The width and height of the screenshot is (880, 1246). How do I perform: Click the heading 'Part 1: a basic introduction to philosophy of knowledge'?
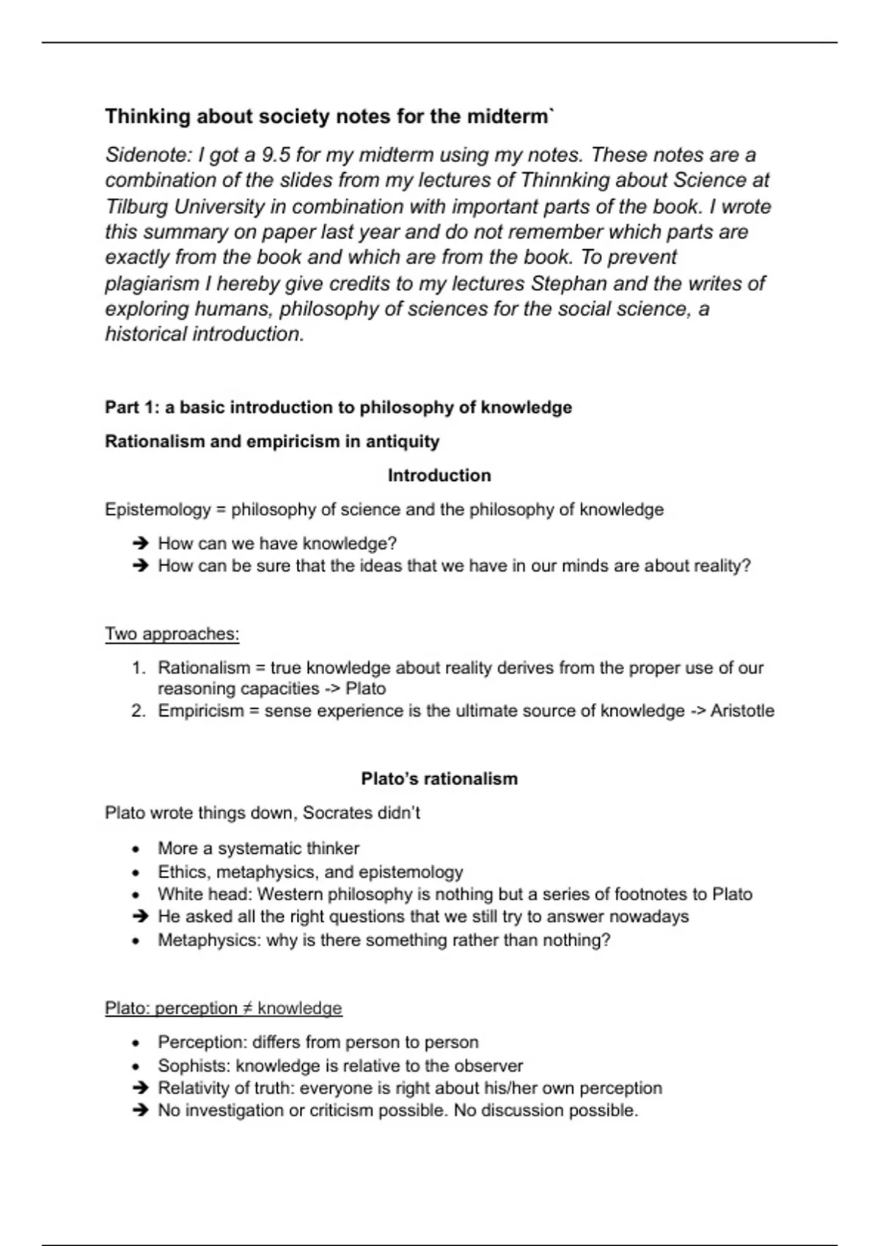338,408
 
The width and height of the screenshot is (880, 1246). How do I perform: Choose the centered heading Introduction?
439,476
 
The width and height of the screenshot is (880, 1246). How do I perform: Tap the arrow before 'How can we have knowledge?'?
141,544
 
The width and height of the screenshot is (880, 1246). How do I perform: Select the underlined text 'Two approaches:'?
172,634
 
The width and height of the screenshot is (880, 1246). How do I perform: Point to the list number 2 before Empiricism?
139,711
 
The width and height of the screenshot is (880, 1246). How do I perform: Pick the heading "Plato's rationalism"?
439,778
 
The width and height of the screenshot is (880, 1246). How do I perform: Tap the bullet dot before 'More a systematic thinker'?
136,849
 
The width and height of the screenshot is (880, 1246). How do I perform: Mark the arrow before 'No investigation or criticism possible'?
141,1110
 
